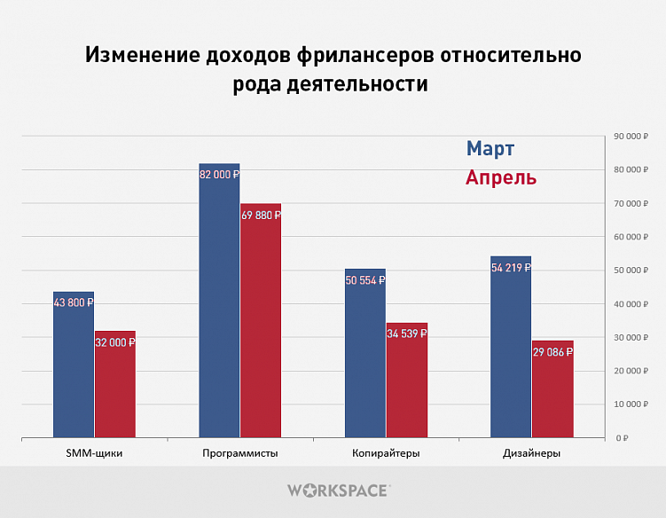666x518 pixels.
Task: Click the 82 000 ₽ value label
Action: pyautogui.click(x=219, y=175)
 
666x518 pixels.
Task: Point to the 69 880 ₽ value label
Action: pyautogui.click(x=261, y=215)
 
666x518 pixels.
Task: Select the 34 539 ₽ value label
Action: pyautogui.click(x=406, y=334)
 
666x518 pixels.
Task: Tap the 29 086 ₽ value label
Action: pyautogui.click(x=552, y=352)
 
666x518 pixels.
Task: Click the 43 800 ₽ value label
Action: pyautogui.click(x=73, y=302)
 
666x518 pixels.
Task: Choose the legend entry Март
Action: pyautogui.click(x=490, y=148)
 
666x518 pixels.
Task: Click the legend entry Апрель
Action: pyautogui.click(x=501, y=177)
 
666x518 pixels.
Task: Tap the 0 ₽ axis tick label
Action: pyautogui.click(x=623, y=438)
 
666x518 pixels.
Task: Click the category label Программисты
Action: pyautogui.click(x=240, y=453)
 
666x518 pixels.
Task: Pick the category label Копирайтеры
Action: pyautogui.click(x=386, y=453)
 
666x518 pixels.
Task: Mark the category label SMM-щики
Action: pyautogui.click(x=94, y=453)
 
